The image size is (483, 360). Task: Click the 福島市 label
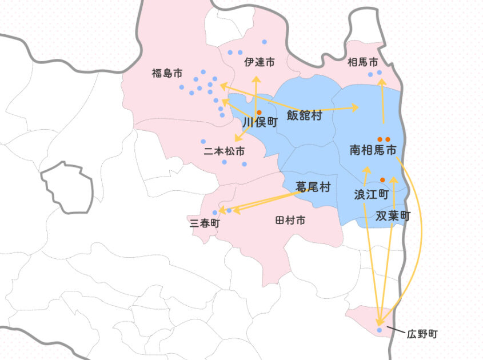coord(167,73)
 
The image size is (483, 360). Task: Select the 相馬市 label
coord(362,62)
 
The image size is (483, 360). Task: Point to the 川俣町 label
coord(260,122)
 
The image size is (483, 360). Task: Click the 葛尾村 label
coord(313,187)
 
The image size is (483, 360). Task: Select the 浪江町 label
coord(371,194)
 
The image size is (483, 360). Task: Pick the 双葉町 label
coord(393,216)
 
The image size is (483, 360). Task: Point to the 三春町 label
coord(204,223)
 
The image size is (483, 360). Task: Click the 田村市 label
coord(290,220)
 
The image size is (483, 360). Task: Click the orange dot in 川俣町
coord(259,112)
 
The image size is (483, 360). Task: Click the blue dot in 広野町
coord(380,330)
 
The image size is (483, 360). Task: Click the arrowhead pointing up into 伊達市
coord(255,79)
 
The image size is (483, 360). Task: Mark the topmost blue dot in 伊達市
coord(264,42)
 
